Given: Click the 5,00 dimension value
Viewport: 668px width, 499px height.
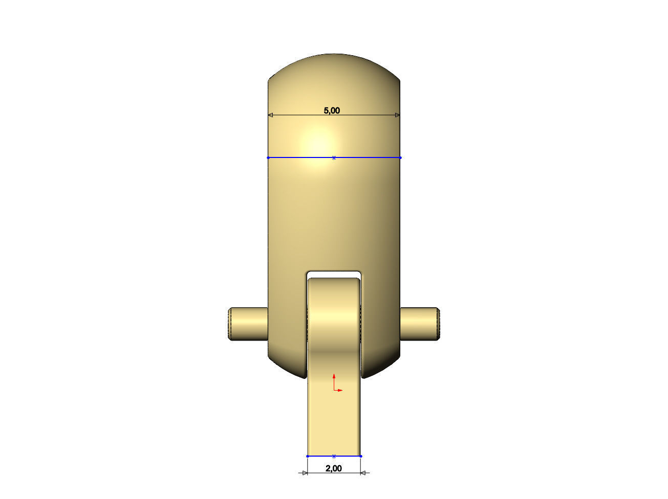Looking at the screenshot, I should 332,110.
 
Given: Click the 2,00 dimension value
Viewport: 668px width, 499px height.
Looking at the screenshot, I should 333,468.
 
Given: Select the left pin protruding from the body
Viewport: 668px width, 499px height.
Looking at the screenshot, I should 248,324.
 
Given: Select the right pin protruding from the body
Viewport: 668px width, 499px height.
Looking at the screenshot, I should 419,324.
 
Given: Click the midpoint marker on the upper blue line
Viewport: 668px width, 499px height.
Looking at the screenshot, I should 334,158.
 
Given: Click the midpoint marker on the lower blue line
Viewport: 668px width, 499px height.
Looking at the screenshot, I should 334,456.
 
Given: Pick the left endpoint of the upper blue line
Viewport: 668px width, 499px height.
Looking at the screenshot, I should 268,158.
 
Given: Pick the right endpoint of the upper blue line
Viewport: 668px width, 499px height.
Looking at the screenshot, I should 400,158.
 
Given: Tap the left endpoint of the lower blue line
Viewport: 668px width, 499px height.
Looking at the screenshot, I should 308,456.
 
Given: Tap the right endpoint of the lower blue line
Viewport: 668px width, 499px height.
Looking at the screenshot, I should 361,456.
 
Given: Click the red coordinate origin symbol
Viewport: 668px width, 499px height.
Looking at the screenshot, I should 335,390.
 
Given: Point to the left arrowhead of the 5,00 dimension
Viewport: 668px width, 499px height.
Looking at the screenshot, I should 271,116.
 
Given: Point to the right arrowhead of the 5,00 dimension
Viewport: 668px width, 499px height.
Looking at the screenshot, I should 397,116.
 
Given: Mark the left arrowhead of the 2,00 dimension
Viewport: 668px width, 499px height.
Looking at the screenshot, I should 305,473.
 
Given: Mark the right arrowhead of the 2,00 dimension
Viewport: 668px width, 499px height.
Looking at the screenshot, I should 363,473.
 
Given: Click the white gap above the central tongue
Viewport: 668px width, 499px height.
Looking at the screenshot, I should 334,275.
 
